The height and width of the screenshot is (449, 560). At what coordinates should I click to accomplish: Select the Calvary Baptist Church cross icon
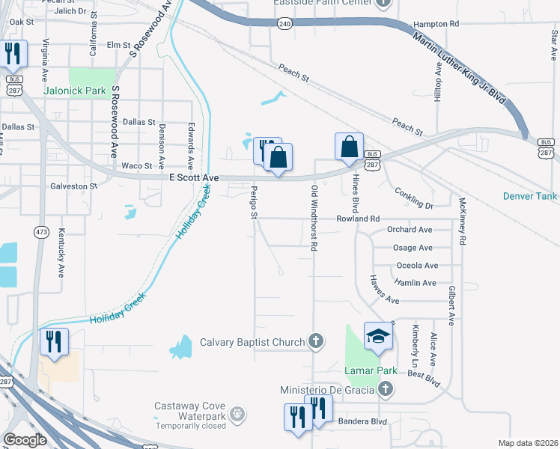point(316,342)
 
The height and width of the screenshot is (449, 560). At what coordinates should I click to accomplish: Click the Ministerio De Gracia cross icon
point(385,389)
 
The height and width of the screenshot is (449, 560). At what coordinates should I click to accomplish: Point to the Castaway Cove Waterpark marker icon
point(237,413)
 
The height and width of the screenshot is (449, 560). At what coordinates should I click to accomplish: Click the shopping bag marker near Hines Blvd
point(349,147)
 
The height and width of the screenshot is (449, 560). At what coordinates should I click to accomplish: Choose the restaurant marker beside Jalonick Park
point(13,54)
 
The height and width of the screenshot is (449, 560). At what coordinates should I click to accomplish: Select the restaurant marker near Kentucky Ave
point(54,342)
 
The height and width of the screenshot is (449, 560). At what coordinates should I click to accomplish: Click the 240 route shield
point(284,24)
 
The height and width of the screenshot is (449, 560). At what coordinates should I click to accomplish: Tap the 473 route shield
point(40,232)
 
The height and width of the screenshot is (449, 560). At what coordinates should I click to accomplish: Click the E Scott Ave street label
point(194,178)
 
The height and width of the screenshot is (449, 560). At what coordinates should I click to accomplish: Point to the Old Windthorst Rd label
point(315,218)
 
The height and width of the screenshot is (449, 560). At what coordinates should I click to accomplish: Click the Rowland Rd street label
point(359,219)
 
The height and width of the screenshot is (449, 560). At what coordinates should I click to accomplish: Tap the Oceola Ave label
point(416,266)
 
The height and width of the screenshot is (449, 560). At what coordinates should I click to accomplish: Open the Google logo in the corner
point(25,440)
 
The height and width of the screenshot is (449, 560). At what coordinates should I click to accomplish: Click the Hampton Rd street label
point(435,24)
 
